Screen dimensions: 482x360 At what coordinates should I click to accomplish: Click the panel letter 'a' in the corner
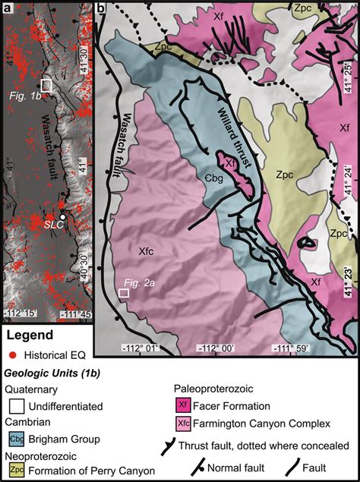pos(6,8)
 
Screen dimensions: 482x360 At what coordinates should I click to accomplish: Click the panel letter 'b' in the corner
pos(102,8)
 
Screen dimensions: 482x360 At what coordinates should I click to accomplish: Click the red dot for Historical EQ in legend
pos(13,354)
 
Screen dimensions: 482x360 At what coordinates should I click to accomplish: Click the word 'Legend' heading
pos(30,336)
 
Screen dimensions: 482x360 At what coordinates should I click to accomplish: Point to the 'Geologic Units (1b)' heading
pos(51,373)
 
